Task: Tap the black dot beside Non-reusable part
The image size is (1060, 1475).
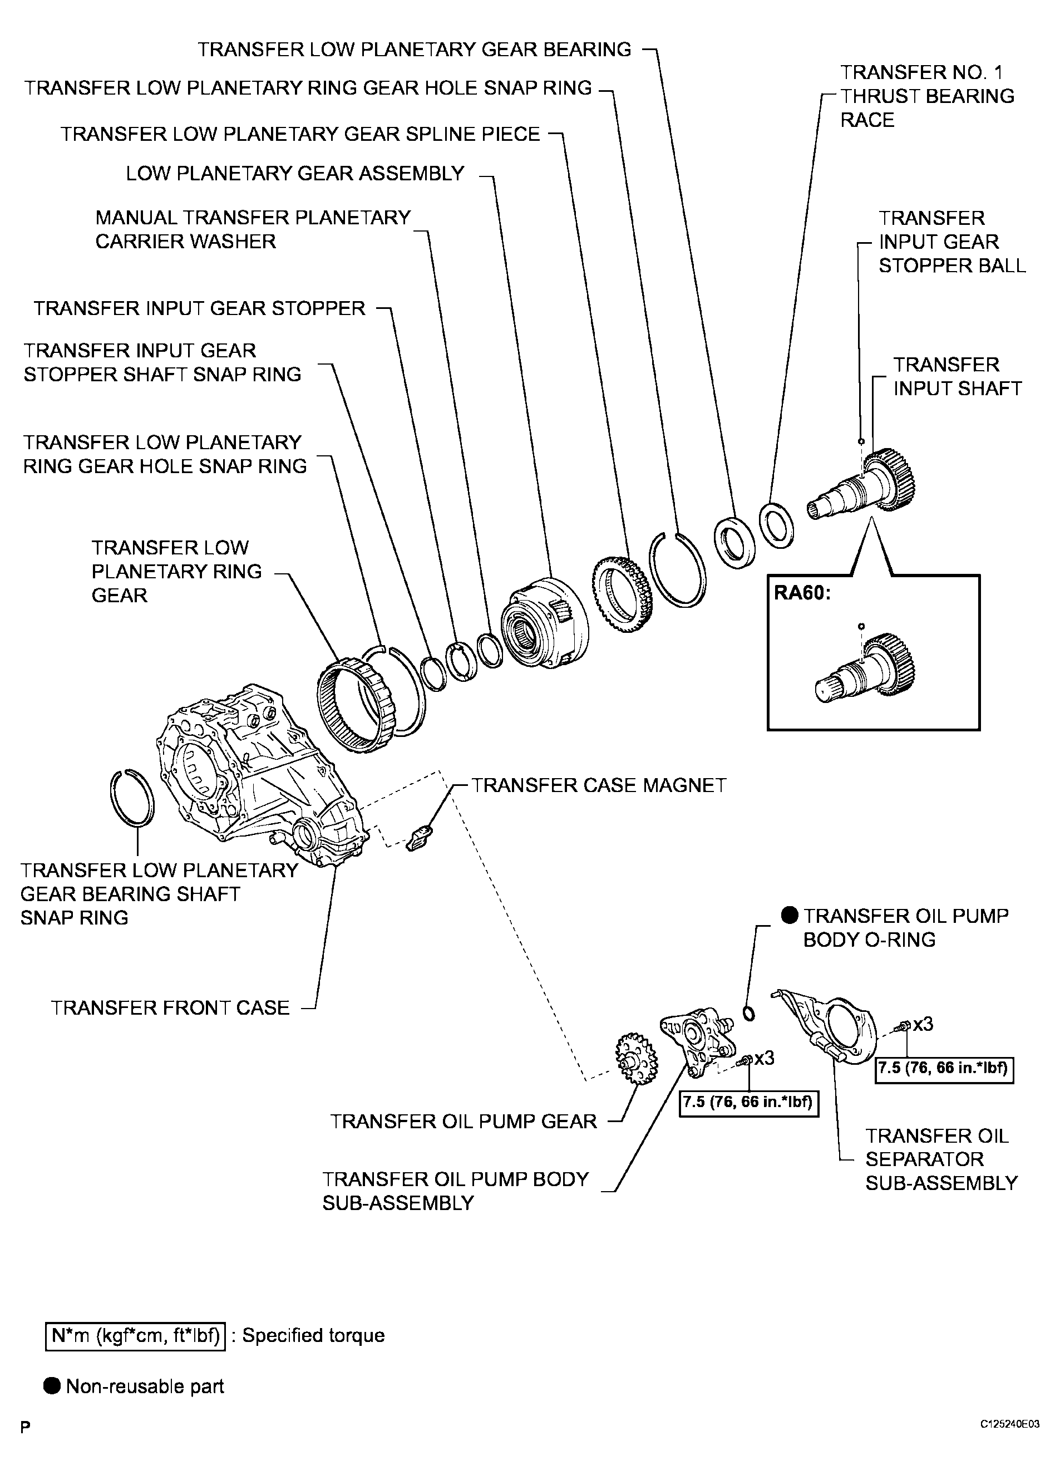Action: (x=52, y=1386)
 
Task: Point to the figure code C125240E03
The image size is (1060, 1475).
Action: (x=1010, y=1442)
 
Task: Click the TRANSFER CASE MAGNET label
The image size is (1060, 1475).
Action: (x=598, y=785)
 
